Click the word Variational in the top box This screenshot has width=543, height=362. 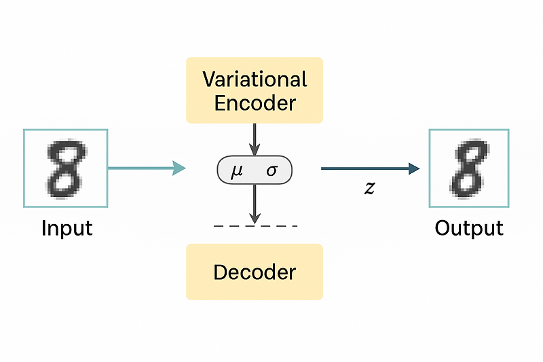[x=255, y=79]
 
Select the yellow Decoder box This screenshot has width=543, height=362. [x=255, y=272]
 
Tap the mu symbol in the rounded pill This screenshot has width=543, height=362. [x=237, y=170]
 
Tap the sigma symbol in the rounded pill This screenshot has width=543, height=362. [x=271, y=170]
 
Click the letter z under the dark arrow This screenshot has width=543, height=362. [x=369, y=188]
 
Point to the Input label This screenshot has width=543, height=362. [x=67, y=228]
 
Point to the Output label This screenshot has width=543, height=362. [x=469, y=228]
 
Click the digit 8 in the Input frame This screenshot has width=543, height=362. [x=65, y=167]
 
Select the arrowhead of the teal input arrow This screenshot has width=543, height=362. [x=179, y=168]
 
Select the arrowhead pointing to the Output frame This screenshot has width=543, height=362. [x=414, y=168]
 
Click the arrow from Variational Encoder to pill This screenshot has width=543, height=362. [x=254, y=139]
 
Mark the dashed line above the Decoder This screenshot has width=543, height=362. [x=255, y=225]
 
